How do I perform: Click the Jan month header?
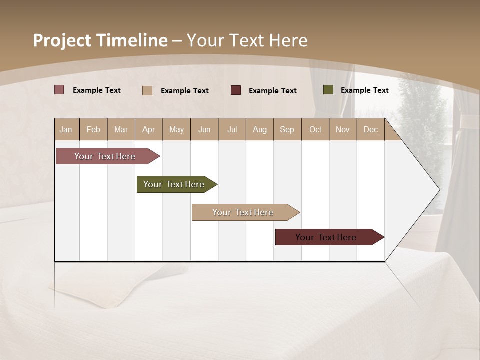pyautogui.click(x=66, y=129)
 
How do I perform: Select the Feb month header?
pyautogui.click(x=93, y=129)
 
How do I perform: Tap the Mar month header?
pyautogui.click(x=121, y=129)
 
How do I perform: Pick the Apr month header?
pyautogui.click(x=149, y=129)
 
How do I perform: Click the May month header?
pyautogui.click(x=176, y=129)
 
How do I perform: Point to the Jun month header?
pyautogui.click(x=204, y=129)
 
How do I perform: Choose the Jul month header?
pyautogui.click(x=232, y=129)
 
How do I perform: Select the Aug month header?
pyautogui.click(x=260, y=129)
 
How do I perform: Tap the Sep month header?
pyautogui.click(x=287, y=129)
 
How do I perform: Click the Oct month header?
pyautogui.click(x=315, y=129)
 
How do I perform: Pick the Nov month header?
pyautogui.click(x=343, y=129)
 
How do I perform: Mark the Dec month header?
pyautogui.click(x=370, y=129)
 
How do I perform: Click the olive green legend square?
pyautogui.click(x=328, y=90)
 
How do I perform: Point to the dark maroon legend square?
pyautogui.click(x=236, y=90)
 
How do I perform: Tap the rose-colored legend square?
pyautogui.click(x=59, y=90)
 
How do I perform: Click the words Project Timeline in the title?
pyautogui.click(x=100, y=40)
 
